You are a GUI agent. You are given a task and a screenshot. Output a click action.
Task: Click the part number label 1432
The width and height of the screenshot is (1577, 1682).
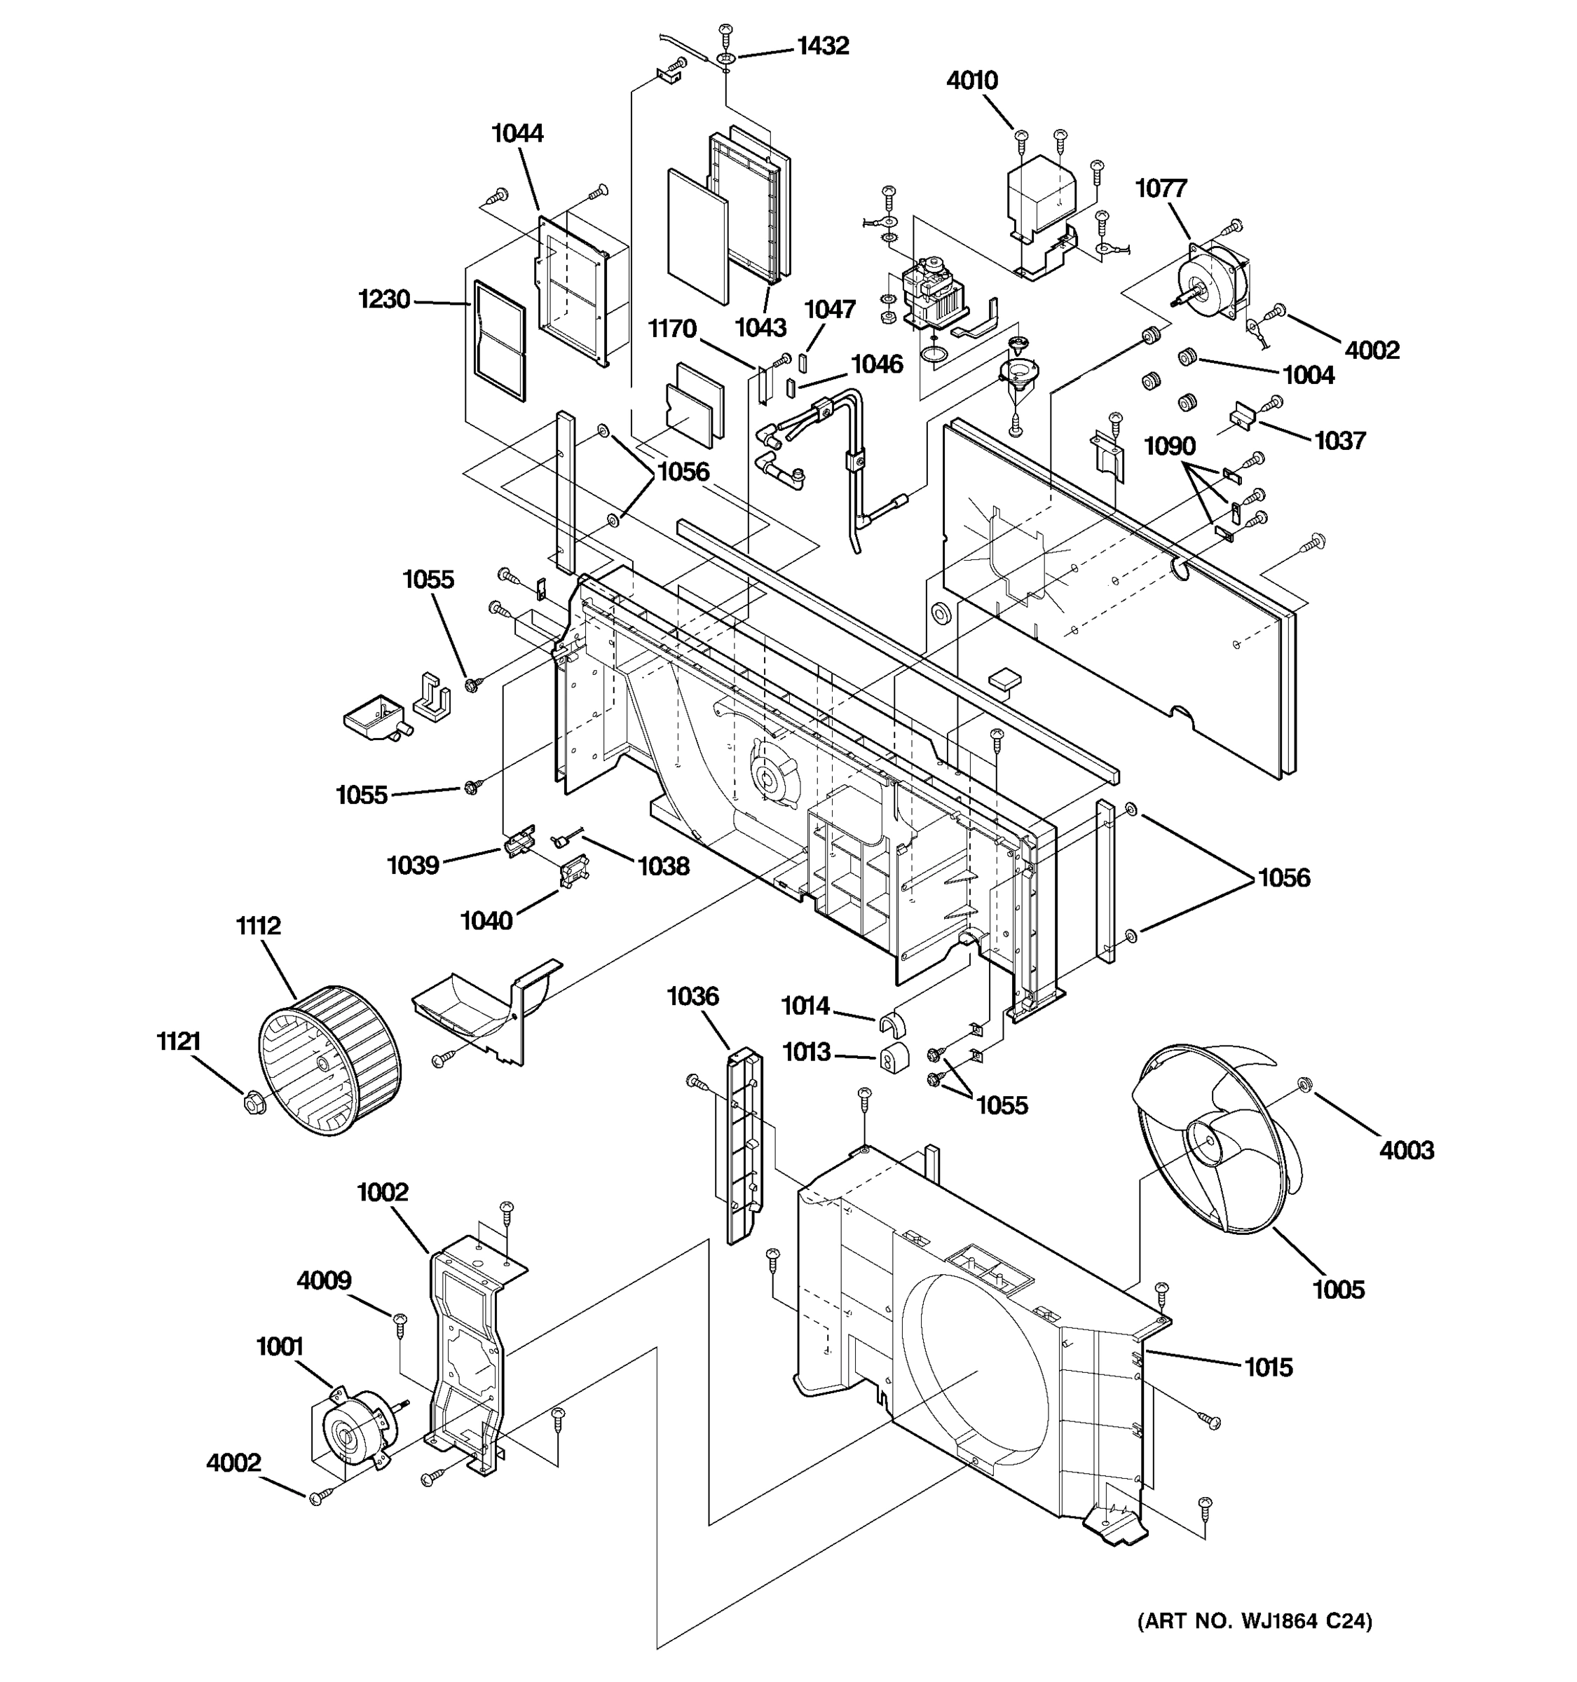click(x=821, y=46)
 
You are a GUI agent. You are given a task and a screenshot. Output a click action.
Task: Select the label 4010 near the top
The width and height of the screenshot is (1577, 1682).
click(x=971, y=81)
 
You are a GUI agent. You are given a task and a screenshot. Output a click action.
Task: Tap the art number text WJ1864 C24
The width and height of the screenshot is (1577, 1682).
click(x=1255, y=1621)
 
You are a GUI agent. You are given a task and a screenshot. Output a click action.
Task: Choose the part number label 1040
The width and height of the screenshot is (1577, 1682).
click(x=486, y=920)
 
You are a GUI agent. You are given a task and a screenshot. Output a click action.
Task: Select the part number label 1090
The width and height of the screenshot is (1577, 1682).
click(x=1169, y=446)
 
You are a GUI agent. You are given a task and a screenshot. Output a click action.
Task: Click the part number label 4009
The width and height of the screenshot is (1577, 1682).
click(x=323, y=1281)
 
